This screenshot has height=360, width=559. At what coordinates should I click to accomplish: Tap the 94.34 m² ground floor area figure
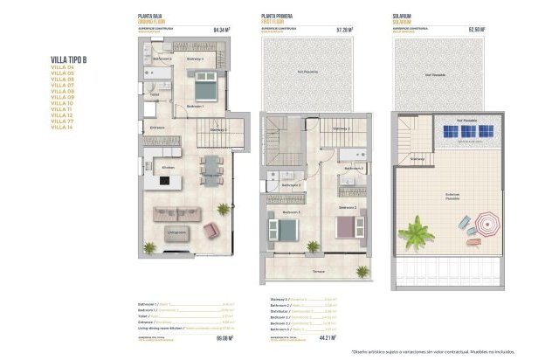tap(221, 30)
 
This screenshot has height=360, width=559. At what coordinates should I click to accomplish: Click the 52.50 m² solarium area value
tap(477, 30)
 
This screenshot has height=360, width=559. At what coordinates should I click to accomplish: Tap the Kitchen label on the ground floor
tap(169, 167)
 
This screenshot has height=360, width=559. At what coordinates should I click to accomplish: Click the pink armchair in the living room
tap(210, 230)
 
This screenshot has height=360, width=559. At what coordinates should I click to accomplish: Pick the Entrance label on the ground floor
tap(157, 128)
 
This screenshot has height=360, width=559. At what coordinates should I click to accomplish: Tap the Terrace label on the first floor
tap(318, 272)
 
